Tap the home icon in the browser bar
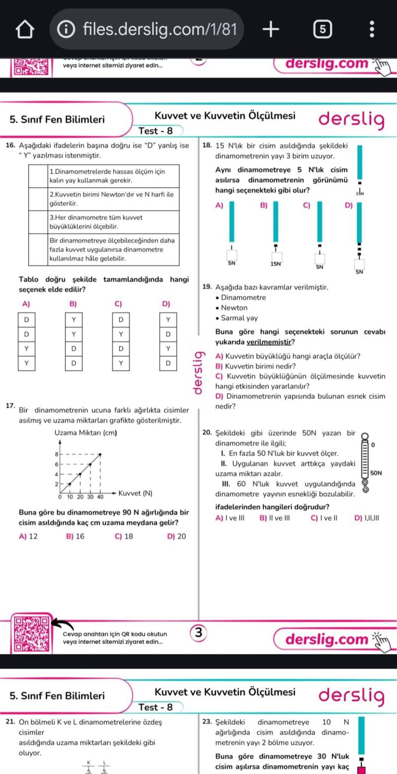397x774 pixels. point(25,29)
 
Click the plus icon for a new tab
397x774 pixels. point(270,29)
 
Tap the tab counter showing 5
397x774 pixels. point(322,29)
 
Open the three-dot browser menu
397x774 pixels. point(372,29)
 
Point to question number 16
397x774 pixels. point(9,146)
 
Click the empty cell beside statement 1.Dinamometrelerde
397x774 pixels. point(38,176)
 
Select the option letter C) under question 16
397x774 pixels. point(118,304)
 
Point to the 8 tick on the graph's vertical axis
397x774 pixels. point(57,454)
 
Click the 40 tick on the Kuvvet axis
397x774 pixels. point(100,496)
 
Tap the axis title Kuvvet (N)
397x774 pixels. point(135,493)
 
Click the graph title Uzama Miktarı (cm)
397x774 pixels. point(85,433)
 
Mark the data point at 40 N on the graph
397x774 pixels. point(100,454)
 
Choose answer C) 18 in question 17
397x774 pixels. point(124,536)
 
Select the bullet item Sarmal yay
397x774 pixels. point(239,318)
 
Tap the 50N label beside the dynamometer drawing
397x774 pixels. point(376,473)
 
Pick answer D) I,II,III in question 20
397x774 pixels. point(367,518)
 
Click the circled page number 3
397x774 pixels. point(198,633)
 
